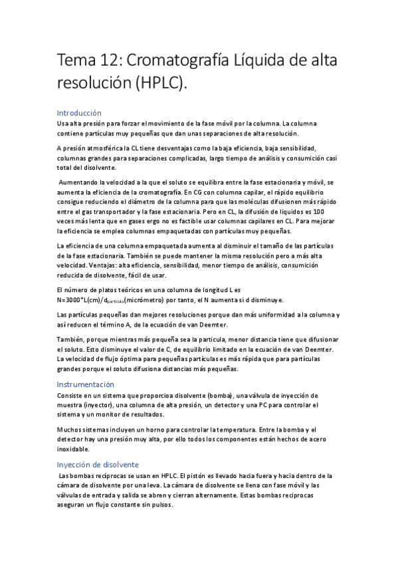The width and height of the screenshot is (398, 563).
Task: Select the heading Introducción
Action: click(79, 113)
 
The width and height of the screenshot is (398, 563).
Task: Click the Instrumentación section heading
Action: click(86, 384)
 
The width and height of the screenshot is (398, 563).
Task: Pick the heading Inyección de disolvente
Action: click(98, 465)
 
